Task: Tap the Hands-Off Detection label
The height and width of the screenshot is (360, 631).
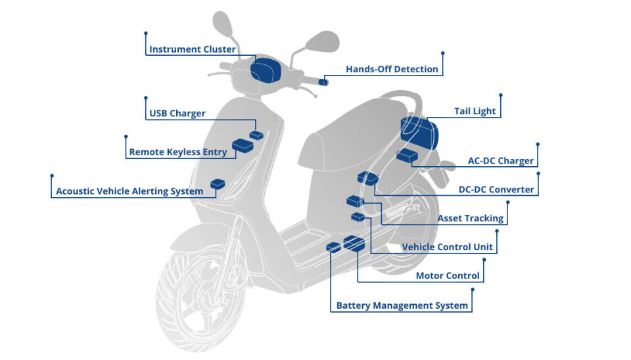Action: tap(392, 69)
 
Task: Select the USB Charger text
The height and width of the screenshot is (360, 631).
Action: tap(177, 113)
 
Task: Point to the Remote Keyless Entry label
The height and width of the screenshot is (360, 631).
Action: tap(177, 152)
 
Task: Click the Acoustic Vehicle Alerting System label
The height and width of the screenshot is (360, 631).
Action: tap(129, 191)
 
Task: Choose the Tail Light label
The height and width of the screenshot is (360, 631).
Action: tap(475, 111)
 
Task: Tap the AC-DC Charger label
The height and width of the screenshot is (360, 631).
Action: tap(500, 161)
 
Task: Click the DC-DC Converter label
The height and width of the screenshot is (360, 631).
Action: tap(496, 189)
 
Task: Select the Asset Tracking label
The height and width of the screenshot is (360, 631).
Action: tap(471, 218)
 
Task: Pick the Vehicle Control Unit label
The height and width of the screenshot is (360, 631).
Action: tap(447, 247)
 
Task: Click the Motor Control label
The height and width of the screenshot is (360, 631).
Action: tap(448, 276)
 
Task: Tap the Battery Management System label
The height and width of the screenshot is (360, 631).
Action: tap(402, 305)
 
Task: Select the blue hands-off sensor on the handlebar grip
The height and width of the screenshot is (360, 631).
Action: tap(323, 82)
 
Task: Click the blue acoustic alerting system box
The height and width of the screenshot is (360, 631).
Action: tap(217, 184)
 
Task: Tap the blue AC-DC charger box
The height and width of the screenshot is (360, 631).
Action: tap(407, 156)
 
